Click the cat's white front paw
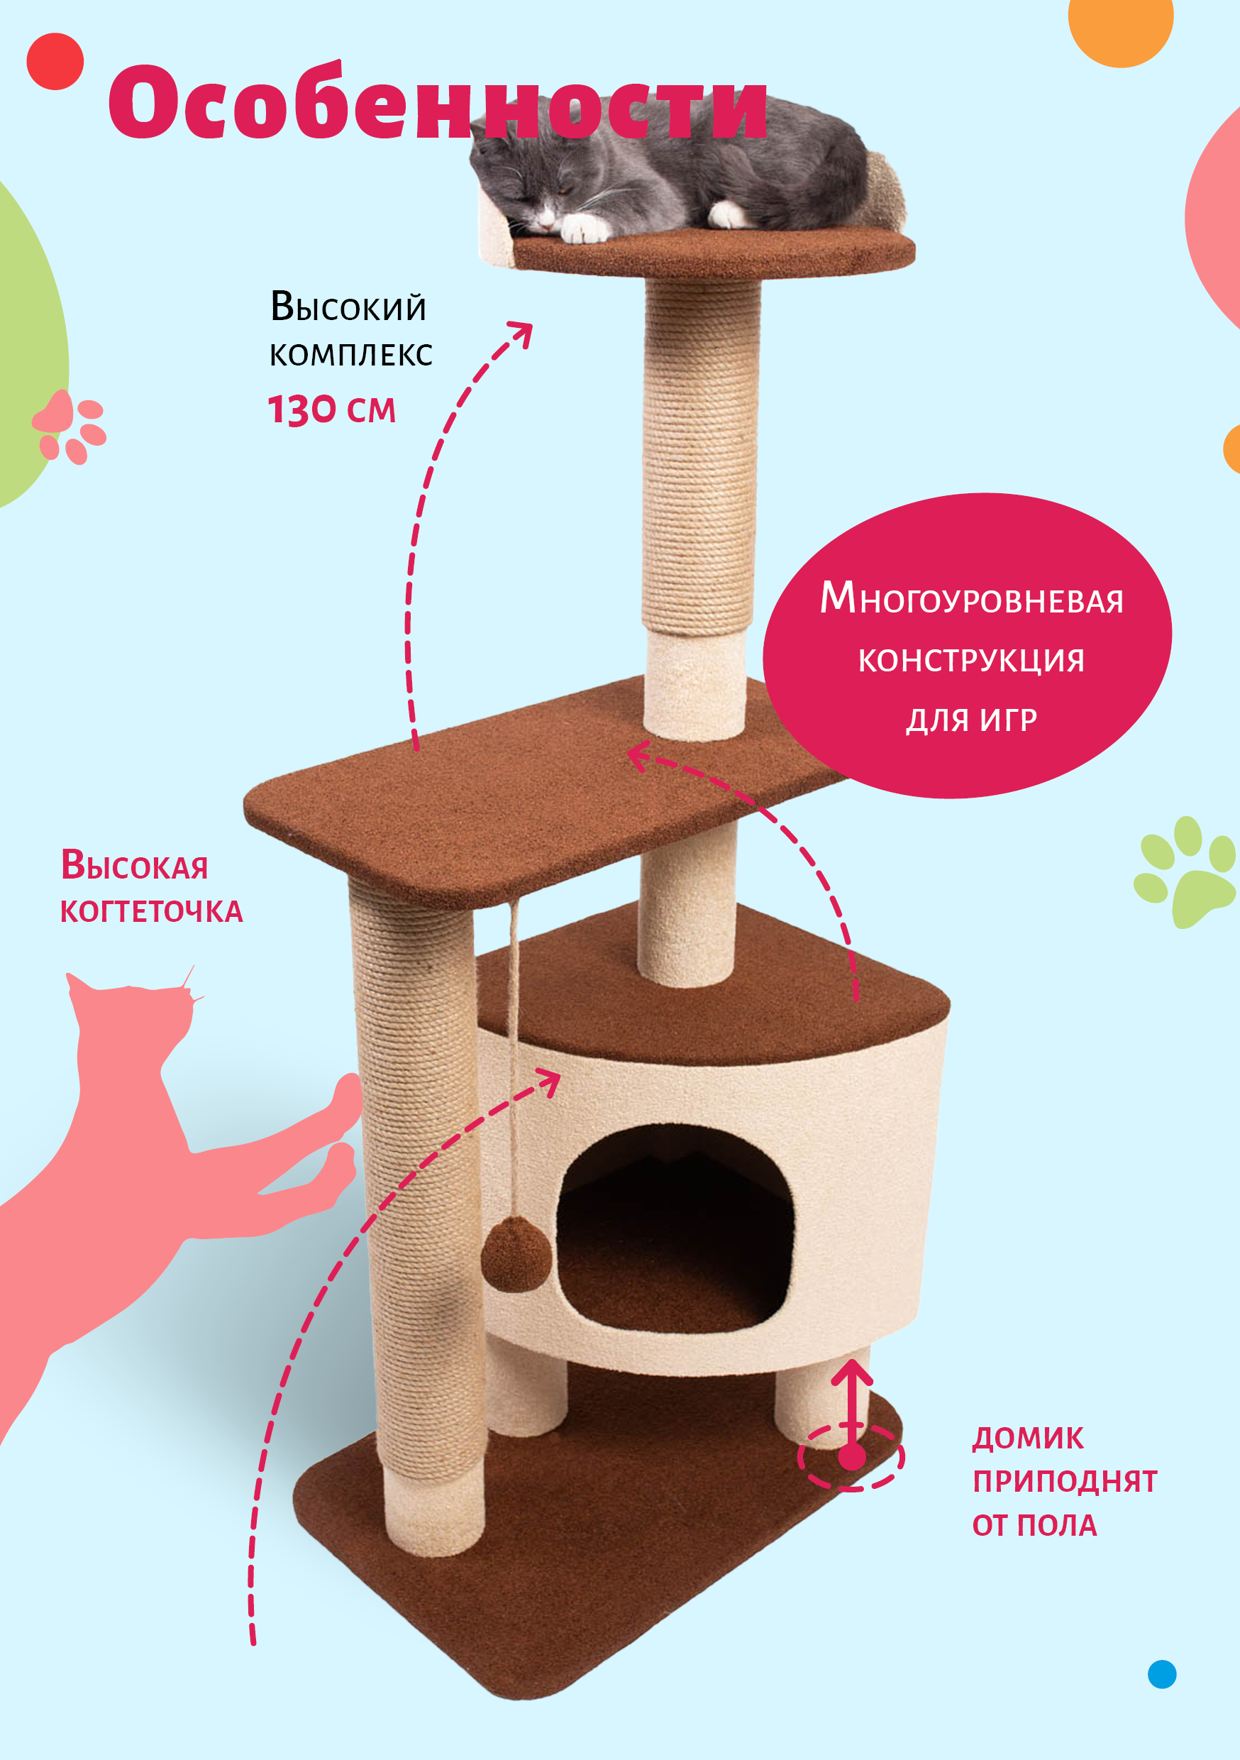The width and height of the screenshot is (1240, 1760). coord(584,228)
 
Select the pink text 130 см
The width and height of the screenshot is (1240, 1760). coord(332,409)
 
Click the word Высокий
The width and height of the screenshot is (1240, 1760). coord(349,307)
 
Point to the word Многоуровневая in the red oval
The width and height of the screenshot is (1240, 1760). coord(971,599)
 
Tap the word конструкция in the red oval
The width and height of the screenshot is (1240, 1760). coord(971,660)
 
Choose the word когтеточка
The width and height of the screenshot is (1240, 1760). coord(152,911)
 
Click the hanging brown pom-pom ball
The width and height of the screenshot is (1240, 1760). coord(516,1255)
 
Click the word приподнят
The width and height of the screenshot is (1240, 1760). coord(1065,1481)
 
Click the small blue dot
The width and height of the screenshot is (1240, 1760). coord(1162,1674)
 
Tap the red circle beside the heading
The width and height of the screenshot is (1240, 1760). coord(55,61)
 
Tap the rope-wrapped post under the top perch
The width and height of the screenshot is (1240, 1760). coord(700,456)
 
